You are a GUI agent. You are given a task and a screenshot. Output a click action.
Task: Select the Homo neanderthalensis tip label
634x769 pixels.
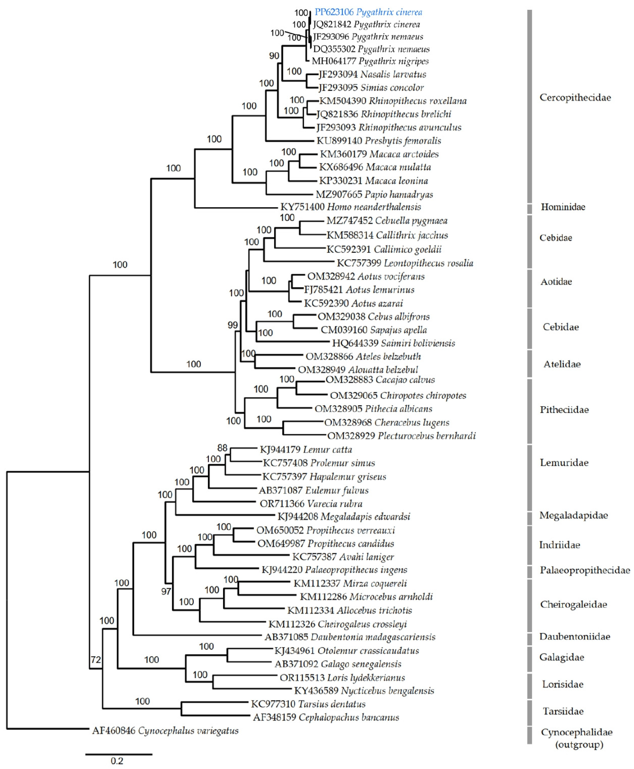click(351, 207)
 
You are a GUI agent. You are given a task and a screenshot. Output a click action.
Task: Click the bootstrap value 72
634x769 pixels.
click(96, 660)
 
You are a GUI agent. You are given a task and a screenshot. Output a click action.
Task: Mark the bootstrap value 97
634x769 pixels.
click(166, 591)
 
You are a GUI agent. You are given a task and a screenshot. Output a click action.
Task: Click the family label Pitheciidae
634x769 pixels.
click(564, 410)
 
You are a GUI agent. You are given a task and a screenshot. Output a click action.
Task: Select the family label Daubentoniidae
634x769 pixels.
click(574, 636)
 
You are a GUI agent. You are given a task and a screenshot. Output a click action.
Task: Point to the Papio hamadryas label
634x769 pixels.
click(374, 194)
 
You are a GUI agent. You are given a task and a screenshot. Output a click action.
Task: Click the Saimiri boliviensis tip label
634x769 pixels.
click(393, 343)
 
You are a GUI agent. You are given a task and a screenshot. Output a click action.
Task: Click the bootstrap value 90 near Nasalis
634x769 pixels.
click(274, 56)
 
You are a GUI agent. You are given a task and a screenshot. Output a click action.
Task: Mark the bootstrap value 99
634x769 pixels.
click(233, 325)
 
